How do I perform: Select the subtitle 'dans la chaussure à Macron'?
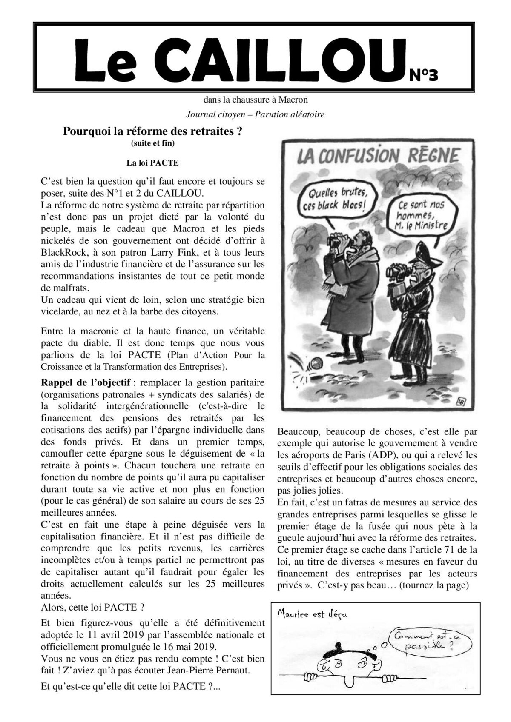point(255,100)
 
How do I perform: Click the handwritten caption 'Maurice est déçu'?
point(312,614)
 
